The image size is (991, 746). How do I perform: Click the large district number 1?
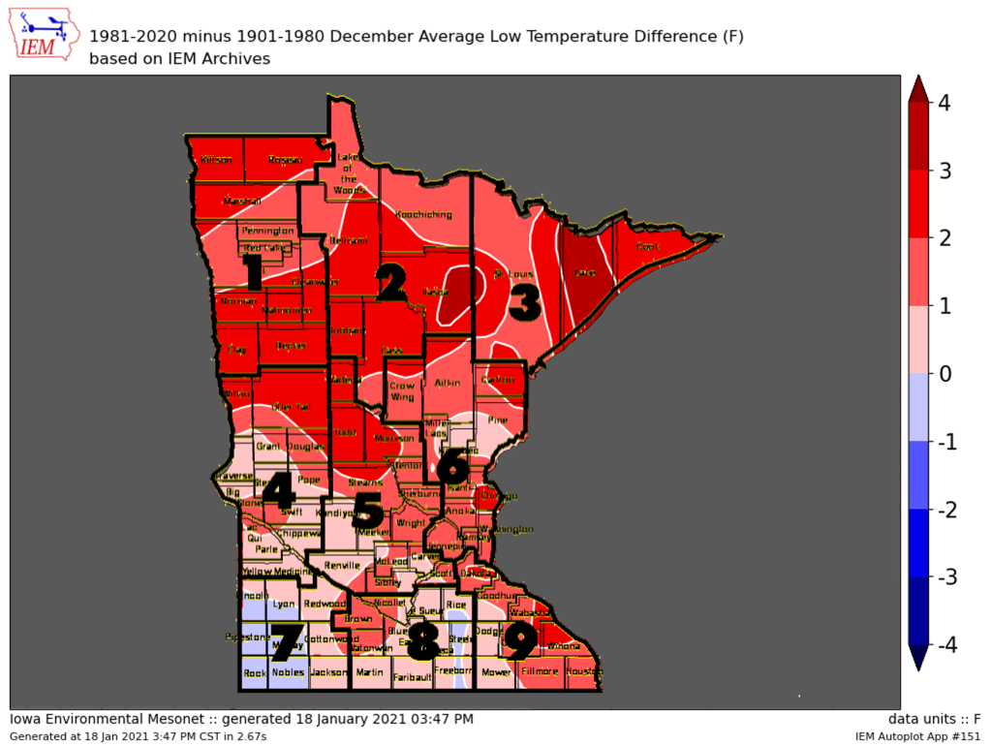(x=253, y=272)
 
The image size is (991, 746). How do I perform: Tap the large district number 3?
(x=524, y=300)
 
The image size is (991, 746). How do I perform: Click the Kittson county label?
(x=216, y=160)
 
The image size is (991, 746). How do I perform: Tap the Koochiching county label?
(x=425, y=214)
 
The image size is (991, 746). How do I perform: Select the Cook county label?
(x=647, y=247)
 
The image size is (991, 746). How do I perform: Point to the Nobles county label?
(x=288, y=671)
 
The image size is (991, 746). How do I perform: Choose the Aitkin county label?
(x=447, y=385)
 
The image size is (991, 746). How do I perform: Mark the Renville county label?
(x=343, y=564)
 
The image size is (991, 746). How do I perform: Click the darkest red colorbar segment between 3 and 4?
(x=919, y=136)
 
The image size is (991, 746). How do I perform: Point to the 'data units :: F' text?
(x=934, y=719)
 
